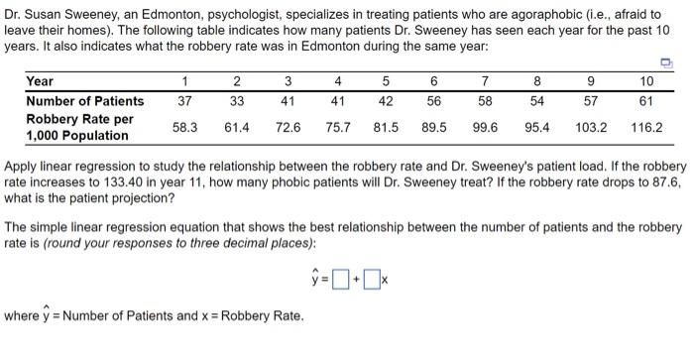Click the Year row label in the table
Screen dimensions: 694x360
(40, 81)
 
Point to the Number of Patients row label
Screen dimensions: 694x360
(84, 100)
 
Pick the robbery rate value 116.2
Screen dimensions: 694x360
(647, 127)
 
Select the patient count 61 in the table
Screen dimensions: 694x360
(647, 100)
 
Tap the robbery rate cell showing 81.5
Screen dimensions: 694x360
(386, 127)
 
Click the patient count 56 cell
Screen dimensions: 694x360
(434, 100)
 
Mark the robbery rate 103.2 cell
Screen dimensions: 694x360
(591, 127)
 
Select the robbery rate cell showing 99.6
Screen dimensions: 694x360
(485, 127)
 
